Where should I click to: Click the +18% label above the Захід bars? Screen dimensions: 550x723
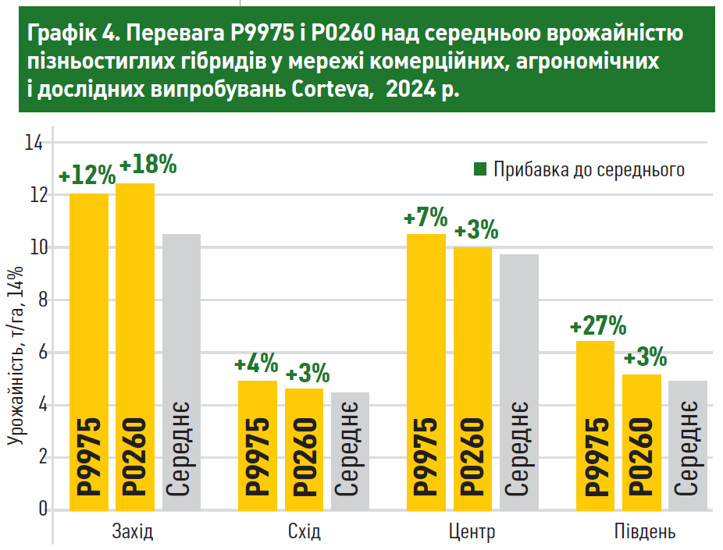149,165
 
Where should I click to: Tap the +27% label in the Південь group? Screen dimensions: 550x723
598,325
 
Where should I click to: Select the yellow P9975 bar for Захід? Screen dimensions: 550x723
89,351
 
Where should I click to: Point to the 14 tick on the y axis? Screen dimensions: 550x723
34,143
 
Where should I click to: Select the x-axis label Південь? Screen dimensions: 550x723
644,534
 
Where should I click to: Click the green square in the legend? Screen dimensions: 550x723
480,169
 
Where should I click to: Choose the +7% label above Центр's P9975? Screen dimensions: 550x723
426,218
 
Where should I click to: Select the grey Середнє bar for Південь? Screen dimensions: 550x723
687,445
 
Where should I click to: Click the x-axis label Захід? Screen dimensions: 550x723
133,534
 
